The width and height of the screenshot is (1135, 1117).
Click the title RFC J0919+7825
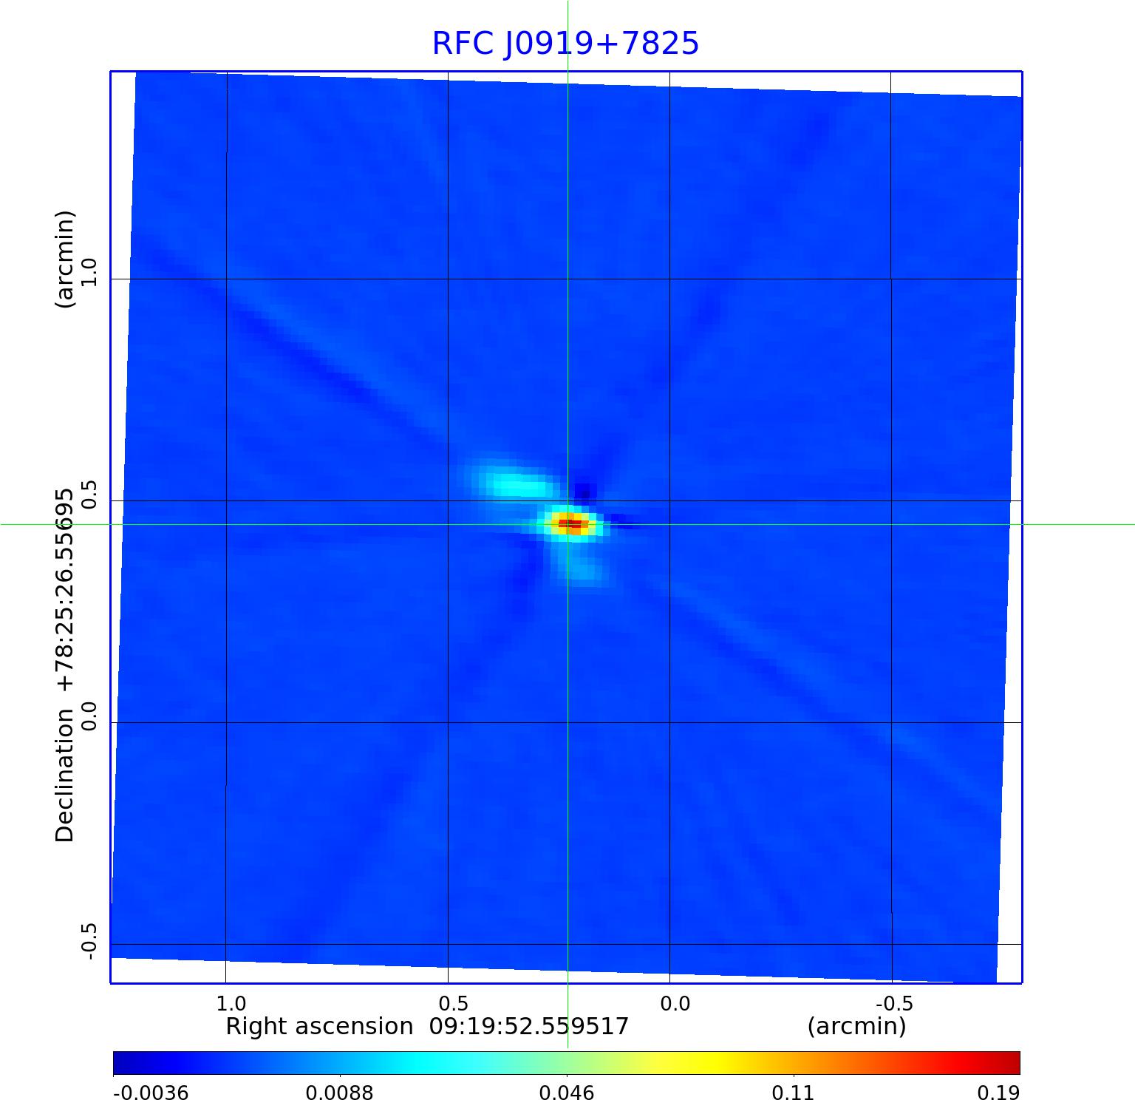(x=565, y=44)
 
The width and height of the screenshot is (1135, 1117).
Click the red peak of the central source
(x=572, y=524)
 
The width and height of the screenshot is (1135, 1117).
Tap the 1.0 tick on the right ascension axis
(x=231, y=1003)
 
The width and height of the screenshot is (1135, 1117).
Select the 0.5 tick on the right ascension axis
(x=453, y=1003)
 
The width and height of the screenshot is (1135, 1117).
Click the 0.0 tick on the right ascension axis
(x=675, y=1003)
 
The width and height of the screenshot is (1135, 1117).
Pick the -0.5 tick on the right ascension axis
(x=894, y=1003)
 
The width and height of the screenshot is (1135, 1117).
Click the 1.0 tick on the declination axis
(x=89, y=272)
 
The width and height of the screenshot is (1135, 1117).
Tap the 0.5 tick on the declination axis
(x=89, y=494)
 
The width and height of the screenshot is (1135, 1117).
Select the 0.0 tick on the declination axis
(x=89, y=716)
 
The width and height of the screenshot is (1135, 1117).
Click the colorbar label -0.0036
(x=151, y=1093)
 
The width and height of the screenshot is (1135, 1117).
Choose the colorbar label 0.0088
(x=340, y=1093)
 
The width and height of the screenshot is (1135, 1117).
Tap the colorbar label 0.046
(x=567, y=1093)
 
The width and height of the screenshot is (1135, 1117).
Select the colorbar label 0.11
(x=793, y=1093)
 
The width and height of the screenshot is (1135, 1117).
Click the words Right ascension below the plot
(x=319, y=1027)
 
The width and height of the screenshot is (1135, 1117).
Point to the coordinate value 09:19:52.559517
(x=529, y=1027)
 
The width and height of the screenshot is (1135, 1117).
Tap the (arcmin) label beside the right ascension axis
(x=856, y=1027)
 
